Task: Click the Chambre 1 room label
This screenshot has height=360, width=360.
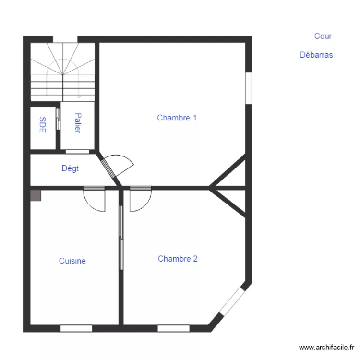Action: (x=177, y=118)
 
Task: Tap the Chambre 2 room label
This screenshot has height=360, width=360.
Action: (x=178, y=259)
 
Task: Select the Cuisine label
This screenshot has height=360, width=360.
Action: (x=72, y=261)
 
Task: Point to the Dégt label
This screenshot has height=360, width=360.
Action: (x=70, y=168)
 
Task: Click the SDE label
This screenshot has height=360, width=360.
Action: (x=43, y=125)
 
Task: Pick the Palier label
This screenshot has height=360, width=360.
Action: (x=78, y=123)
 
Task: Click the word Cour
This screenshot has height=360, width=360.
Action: (x=323, y=36)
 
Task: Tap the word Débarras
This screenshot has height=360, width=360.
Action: (x=316, y=55)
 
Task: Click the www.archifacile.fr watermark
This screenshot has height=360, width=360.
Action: (x=326, y=347)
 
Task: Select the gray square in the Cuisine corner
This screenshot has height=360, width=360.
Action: (x=36, y=195)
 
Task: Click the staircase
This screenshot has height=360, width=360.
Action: (x=63, y=72)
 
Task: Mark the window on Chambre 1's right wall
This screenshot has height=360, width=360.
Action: (x=248, y=88)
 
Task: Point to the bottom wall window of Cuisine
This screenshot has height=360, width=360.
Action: (x=76, y=328)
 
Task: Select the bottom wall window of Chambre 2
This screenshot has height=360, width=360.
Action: (x=173, y=328)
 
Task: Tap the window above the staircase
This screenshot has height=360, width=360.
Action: (x=65, y=39)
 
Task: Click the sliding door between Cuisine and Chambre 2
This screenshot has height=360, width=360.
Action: (x=121, y=238)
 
